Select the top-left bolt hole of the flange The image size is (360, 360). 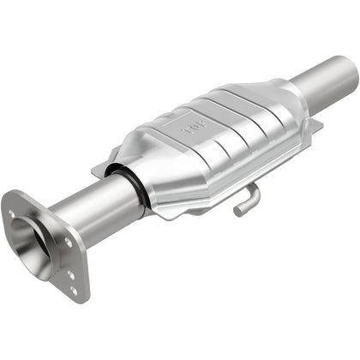(12, 214)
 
